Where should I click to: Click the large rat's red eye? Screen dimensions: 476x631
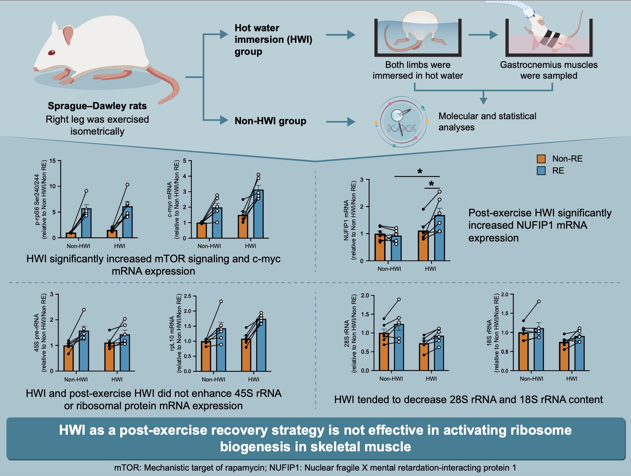point(52,52)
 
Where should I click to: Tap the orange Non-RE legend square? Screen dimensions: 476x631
point(541,159)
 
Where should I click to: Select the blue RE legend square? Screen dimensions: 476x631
point(541,171)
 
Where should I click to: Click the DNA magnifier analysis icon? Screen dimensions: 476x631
point(402,122)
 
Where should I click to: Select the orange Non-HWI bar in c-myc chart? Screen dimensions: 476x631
point(201,231)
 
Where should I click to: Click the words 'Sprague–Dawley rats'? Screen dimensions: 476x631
point(97,106)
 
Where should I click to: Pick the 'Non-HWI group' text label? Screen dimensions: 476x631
point(270,121)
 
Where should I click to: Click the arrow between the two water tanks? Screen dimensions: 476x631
point(483,35)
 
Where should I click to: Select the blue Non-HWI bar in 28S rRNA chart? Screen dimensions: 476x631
point(399,347)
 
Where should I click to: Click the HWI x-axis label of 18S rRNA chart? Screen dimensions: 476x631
point(572,379)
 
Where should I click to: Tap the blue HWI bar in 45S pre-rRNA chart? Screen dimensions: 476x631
point(125,353)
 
